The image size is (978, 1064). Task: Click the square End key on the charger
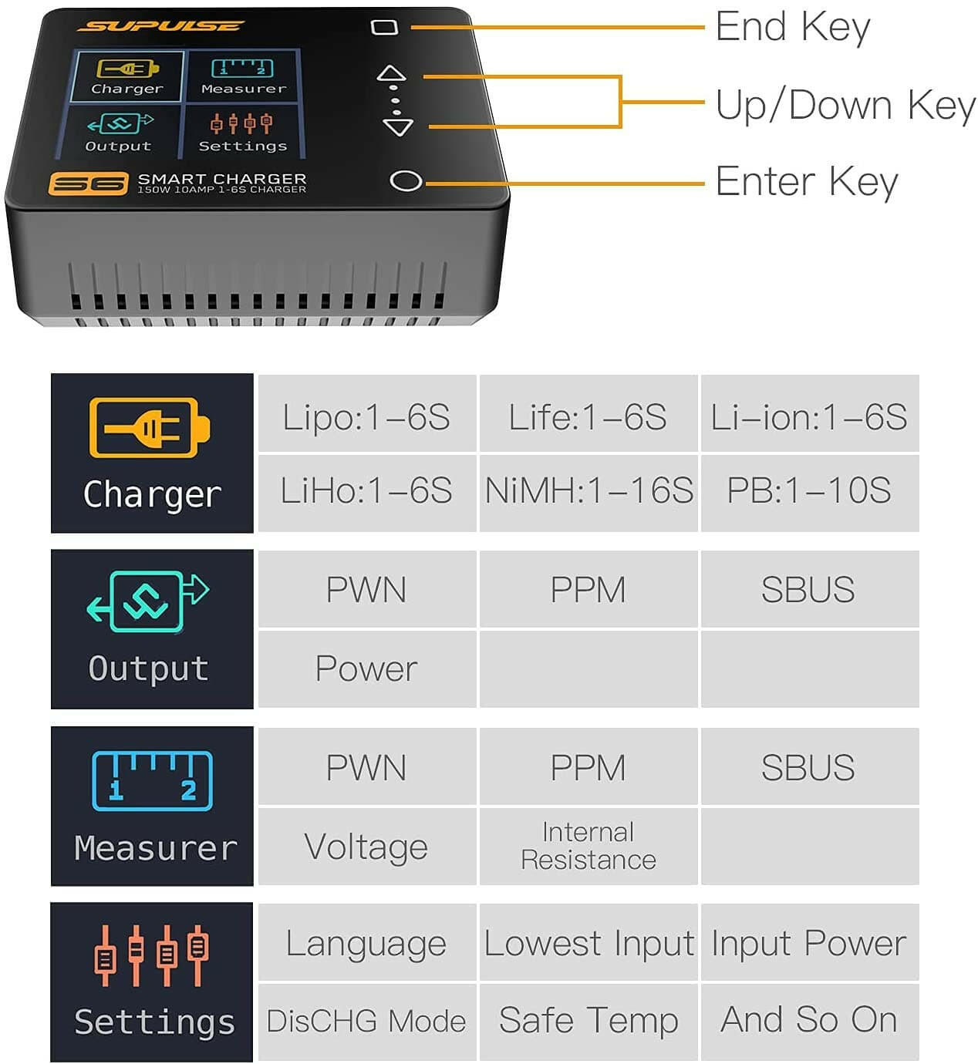(384, 28)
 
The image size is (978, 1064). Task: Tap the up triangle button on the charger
(391, 75)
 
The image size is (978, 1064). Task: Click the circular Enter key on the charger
(406, 181)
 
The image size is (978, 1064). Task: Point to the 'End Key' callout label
(792, 27)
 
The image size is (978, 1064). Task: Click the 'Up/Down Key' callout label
(845, 105)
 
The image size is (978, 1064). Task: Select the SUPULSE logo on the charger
(160, 27)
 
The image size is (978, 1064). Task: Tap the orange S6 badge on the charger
(88, 184)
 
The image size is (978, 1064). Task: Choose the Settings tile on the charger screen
(242, 132)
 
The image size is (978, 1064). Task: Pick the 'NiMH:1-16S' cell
(588, 491)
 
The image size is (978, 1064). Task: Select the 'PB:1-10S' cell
(809, 491)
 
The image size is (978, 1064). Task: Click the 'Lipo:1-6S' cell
(366, 416)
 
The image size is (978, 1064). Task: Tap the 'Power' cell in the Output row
(366, 668)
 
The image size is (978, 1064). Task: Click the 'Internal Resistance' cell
(588, 846)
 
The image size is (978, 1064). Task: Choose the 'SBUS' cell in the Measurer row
(808, 767)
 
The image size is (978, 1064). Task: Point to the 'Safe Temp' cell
(588, 1021)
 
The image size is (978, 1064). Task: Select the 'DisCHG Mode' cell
(366, 1021)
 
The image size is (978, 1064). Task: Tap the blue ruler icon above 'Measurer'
(152, 780)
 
